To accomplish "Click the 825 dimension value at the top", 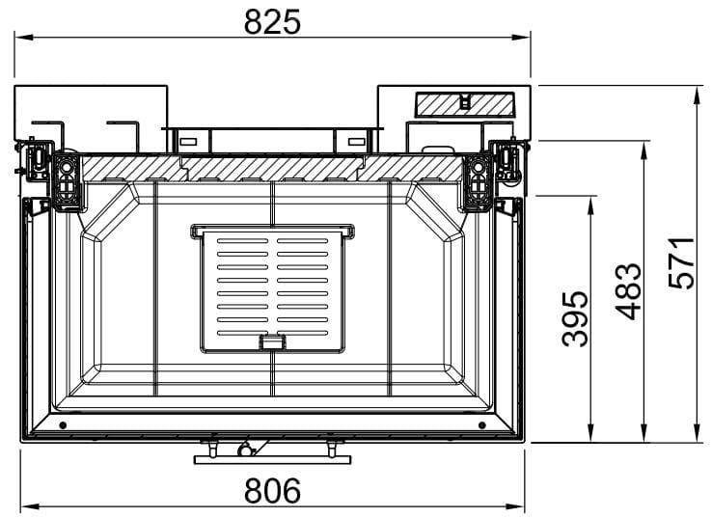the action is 272,22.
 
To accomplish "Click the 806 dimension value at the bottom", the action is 272,490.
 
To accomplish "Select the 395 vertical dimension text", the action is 575,319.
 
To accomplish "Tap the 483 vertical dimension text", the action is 628,291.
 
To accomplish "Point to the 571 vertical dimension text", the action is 681,263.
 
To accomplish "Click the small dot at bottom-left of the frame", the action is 63,425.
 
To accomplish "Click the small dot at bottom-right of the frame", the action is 482,425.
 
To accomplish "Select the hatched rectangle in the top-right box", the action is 465,104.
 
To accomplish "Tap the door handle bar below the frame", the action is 272,460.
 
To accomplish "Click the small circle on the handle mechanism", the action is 244,450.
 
